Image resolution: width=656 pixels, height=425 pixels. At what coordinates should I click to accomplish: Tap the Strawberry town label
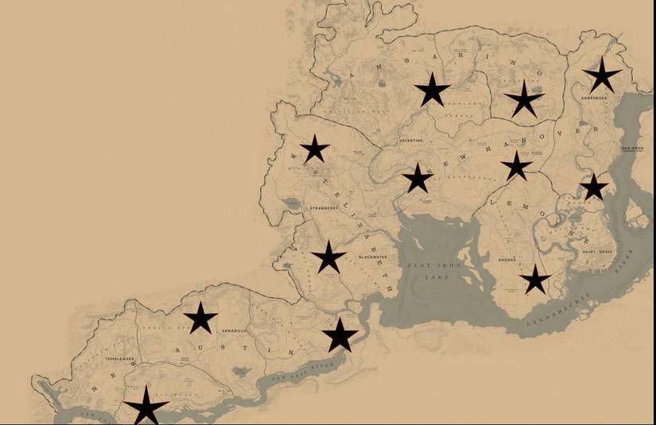click(x=324, y=208)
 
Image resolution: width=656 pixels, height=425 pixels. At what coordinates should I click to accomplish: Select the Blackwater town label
click(x=371, y=257)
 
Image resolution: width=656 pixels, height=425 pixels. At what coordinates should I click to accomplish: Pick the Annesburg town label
click(x=594, y=99)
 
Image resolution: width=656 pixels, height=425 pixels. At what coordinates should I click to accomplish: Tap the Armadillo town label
click(x=235, y=330)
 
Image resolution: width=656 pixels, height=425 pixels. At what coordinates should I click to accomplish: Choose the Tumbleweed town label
click(x=119, y=359)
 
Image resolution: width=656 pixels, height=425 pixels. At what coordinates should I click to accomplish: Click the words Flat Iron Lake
click(x=429, y=270)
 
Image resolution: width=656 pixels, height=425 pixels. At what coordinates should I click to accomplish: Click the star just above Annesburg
click(x=602, y=75)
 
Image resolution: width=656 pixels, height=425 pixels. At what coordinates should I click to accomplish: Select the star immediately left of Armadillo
click(x=200, y=319)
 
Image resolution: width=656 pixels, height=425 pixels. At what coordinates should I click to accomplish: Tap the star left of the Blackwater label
click(x=328, y=257)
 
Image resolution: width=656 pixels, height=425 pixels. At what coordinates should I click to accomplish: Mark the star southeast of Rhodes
click(x=536, y=280)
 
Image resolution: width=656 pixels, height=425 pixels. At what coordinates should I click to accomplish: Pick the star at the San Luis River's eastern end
click(x=340, y=335)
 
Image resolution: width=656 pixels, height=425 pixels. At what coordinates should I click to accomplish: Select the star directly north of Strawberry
click(x=315, y=149)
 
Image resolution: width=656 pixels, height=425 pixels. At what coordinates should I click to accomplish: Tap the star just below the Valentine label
click(x=417, y=179)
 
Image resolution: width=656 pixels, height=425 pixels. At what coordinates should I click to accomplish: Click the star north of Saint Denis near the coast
click(x=593, y=187)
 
